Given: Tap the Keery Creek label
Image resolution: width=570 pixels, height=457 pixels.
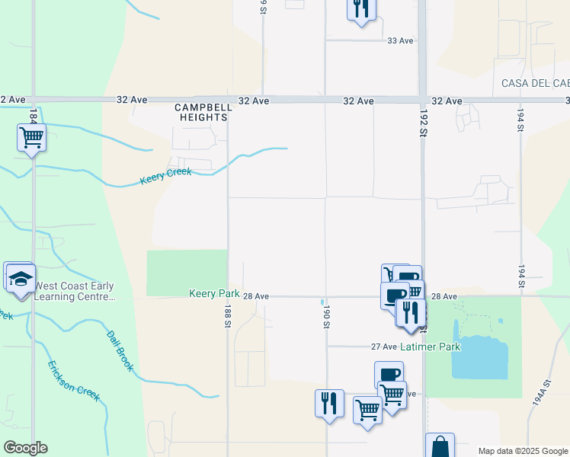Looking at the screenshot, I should (165, 177).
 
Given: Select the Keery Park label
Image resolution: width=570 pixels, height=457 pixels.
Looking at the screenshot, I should (210, 294).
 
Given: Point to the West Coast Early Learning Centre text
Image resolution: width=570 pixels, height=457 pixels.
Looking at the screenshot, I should (75, 291).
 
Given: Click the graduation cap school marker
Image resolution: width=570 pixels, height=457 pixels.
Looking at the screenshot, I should (21, 280).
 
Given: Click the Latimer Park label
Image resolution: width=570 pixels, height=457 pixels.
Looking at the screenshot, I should (432, 347).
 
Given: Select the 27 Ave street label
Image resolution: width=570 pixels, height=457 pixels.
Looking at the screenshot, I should (384, 347).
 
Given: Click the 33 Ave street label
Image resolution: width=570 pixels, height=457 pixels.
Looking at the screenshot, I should (400, 40).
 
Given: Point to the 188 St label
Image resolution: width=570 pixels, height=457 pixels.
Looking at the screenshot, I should (227, 315).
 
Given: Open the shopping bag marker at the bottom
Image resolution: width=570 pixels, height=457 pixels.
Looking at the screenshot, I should (440, 446).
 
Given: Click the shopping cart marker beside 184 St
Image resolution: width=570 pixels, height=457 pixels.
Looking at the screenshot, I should (31, 139).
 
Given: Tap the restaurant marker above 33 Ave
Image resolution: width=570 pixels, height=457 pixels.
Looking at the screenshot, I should (360, 9).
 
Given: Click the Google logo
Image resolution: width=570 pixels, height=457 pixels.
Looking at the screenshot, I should (25, 448).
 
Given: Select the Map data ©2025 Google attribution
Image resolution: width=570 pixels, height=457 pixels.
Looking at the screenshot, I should (522, 451).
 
